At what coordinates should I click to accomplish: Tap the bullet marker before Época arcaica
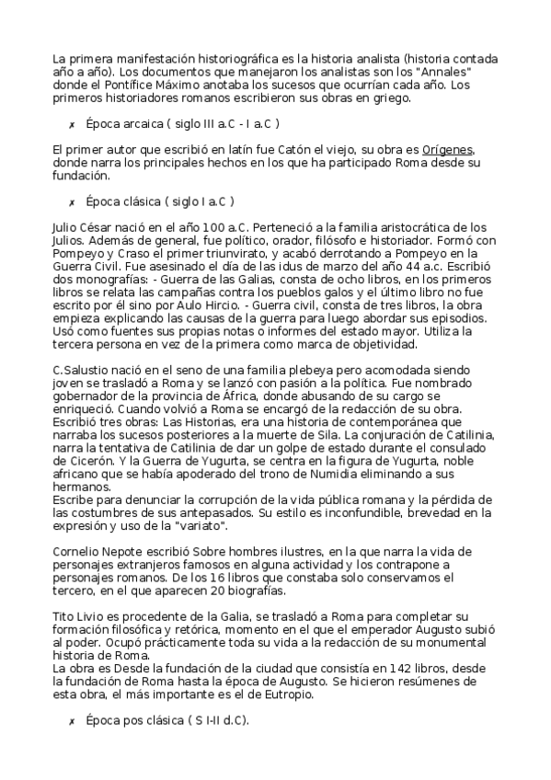click(71, 123)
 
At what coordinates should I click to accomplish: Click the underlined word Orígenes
click(448, 150)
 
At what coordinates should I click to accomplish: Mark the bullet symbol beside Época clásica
click(71, 201)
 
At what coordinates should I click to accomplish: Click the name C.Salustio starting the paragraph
click(85, 369)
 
